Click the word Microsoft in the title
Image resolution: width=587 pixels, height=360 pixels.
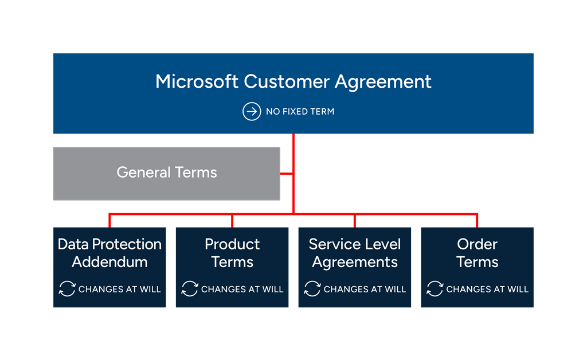point(197,81)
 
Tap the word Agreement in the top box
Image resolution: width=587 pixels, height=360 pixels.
point(383,81)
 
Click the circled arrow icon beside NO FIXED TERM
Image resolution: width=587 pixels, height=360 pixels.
point(252,111)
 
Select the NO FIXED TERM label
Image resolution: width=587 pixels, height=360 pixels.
point(300,112)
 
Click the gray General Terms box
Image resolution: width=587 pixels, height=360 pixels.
point(166,174)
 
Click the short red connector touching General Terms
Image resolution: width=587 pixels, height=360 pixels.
point(287,173)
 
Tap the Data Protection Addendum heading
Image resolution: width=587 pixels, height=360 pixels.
point(109,253)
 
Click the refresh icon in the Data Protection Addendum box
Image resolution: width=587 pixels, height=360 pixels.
point(67,289)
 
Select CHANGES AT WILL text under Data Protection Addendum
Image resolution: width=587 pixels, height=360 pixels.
point(119,289)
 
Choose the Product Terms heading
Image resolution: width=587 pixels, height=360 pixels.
point(232,253)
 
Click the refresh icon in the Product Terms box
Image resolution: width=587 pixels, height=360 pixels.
point(190,289)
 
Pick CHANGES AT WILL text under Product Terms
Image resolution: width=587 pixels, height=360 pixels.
point(242,289)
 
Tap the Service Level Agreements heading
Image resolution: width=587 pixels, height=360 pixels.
point(355,253)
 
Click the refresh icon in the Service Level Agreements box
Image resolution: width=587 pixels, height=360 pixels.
point(312,289)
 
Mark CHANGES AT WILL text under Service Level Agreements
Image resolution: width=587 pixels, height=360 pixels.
point(365,289)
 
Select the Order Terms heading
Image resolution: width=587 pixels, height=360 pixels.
point(478,253)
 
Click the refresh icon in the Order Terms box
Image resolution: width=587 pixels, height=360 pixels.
point(435,289)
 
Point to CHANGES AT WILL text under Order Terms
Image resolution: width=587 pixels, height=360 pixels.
point(487,289)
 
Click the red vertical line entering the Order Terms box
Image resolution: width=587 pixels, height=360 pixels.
point(478,221)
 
